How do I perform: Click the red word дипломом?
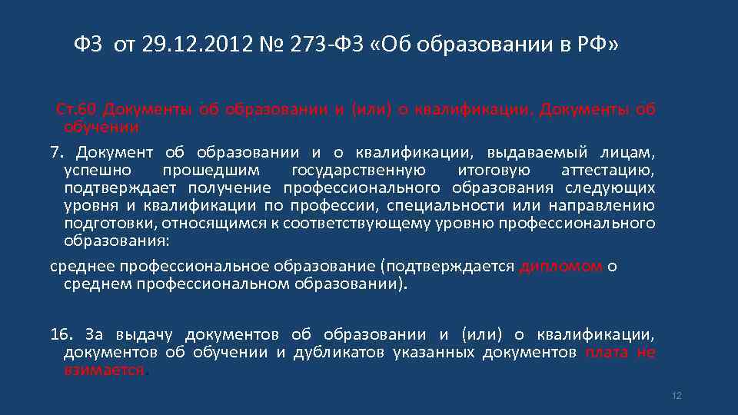(x=561, y=267)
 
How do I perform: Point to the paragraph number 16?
(x=60, y=334)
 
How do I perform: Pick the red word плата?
(x=607, y=352)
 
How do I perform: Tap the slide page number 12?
(x=676, y=395)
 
